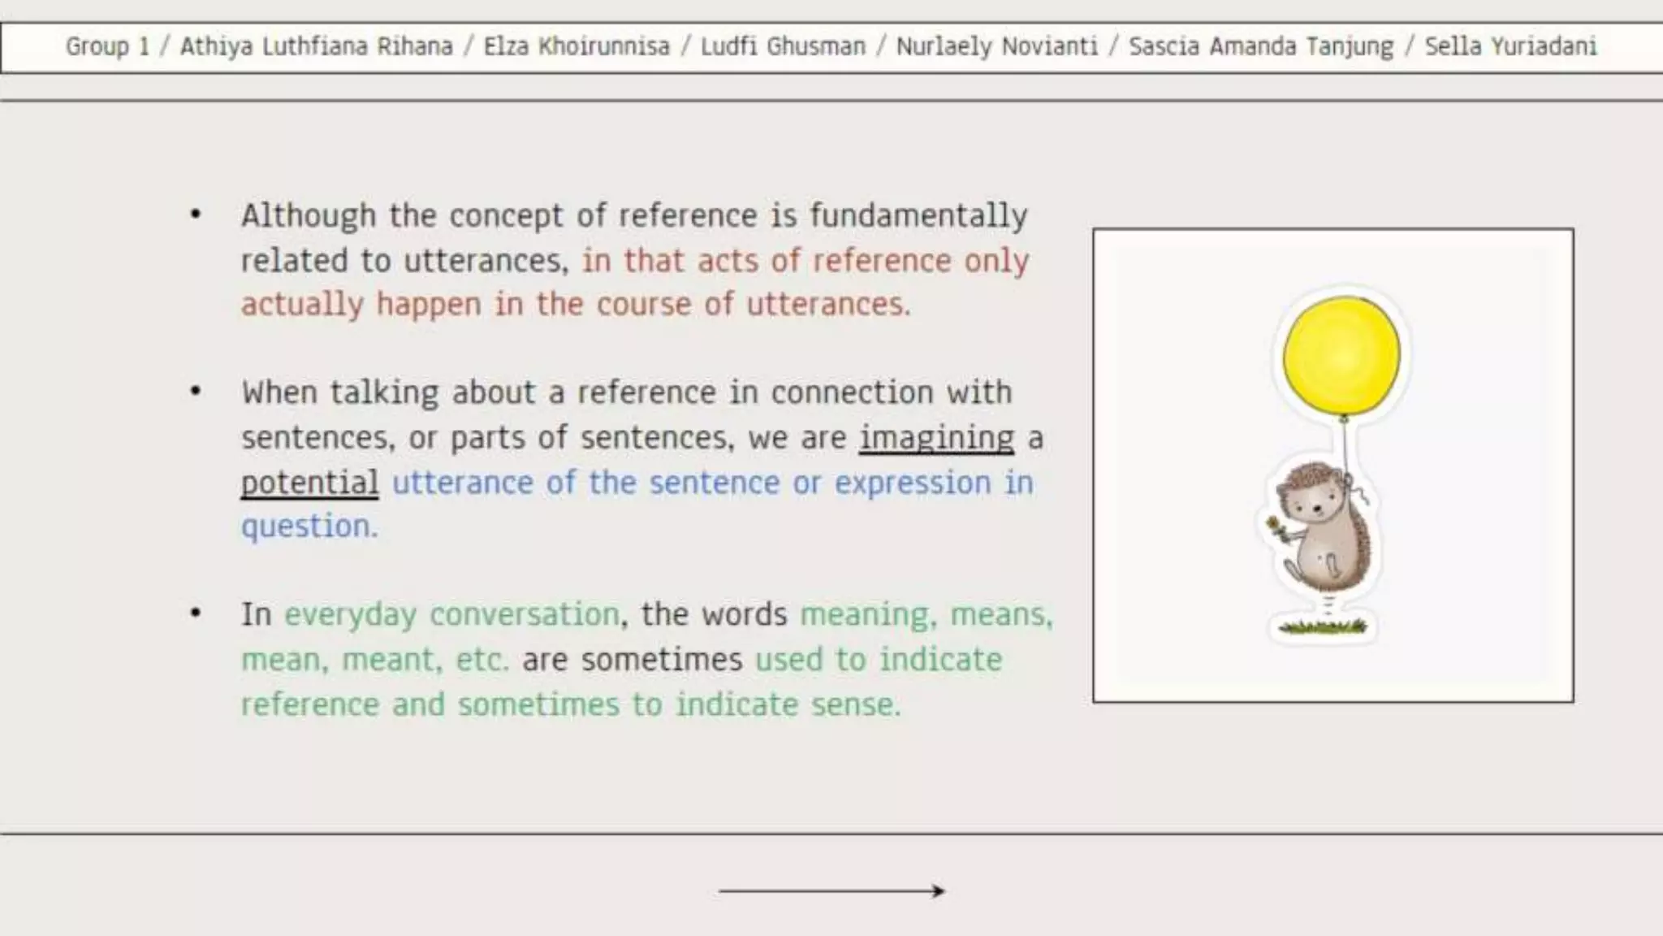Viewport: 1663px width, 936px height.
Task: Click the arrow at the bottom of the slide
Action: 831,890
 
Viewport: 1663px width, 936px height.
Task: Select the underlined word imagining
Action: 936,438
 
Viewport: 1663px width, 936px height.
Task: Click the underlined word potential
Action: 309,483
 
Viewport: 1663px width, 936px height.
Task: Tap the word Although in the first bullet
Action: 309,216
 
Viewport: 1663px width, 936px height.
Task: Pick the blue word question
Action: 309,526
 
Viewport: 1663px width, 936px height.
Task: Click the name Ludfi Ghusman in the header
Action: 783,46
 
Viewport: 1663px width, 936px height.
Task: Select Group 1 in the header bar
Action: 107,46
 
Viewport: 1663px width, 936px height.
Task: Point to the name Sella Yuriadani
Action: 1510,46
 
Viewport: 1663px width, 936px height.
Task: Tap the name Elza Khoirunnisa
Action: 577,46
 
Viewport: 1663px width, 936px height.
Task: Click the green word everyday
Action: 350,615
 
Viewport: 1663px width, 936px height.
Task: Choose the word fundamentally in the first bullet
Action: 918,216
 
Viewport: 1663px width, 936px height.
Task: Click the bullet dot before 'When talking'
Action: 196,392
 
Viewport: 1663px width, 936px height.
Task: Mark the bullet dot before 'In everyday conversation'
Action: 196,613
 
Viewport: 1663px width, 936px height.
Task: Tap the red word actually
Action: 302,305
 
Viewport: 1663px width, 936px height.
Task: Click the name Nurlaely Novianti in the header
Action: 996,46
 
